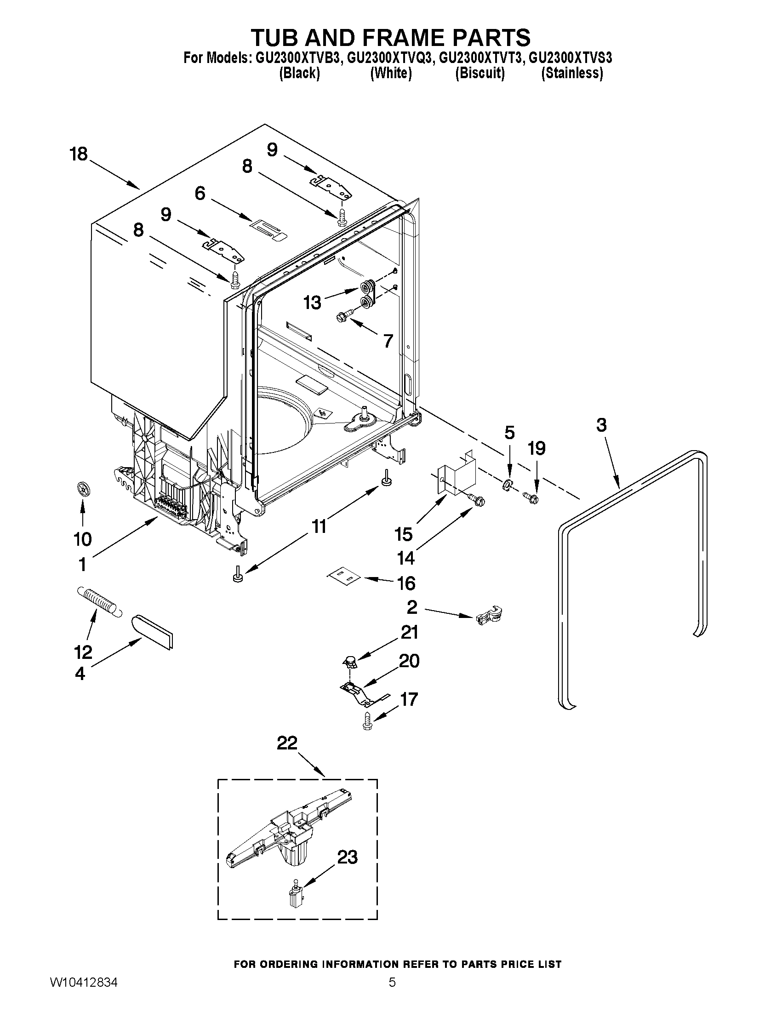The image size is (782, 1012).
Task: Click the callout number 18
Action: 79,154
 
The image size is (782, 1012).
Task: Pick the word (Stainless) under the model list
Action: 572,73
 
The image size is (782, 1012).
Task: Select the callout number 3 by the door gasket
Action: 601,424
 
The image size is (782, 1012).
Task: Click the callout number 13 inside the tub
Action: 312,303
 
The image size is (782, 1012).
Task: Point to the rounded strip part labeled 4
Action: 153,631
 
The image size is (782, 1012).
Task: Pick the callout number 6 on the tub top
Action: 200,193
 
